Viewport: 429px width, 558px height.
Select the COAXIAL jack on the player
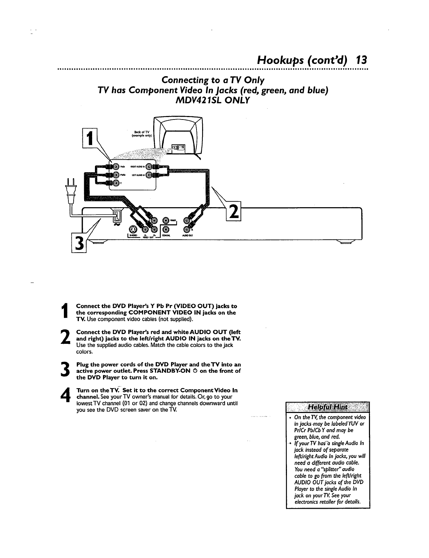pos(166,229)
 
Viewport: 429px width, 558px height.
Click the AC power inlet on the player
pos(117,217)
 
